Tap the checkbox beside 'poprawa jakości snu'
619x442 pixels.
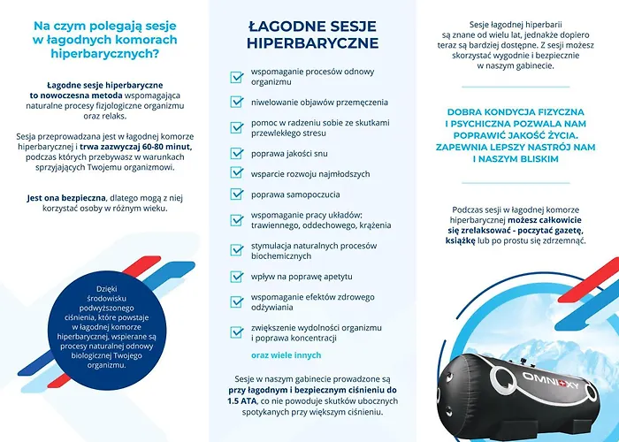pos(237,153)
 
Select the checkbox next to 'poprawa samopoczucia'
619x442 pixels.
pos(237,193)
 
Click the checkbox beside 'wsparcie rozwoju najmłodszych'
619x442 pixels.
pos(237,173)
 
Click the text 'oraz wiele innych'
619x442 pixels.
pos(286,355)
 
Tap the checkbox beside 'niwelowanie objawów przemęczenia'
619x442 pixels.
pos(237,102)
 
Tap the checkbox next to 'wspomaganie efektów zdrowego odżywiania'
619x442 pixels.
pos(237,303)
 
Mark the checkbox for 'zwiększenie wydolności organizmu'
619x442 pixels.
pos(237,331)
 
